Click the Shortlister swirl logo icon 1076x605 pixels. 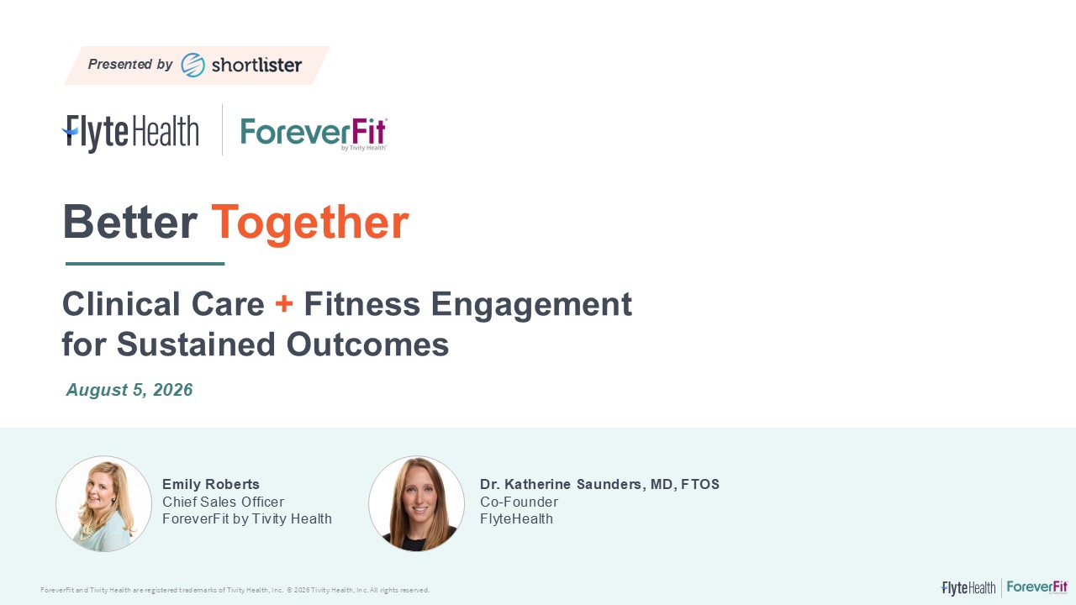(193, 65)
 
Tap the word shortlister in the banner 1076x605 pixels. (257, 65)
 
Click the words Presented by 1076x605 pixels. (130, 64)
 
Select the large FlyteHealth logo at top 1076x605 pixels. (130, 133)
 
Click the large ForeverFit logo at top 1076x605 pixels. (314, 134)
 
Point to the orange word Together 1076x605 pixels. (310, 223)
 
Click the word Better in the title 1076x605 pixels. (130, 223)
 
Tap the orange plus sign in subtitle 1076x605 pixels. (284, 303)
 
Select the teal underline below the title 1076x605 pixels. (145, 264)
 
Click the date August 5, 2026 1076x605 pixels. (129, 389)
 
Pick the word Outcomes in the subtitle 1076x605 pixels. (367, 345)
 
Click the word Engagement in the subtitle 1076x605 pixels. (531, 304)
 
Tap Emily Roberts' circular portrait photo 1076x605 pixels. (103, 503)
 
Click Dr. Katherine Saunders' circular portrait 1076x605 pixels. (416, 503)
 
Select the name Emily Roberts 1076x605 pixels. (211, 484)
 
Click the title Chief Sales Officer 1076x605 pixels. (224, 502)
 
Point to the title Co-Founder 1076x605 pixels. (520, 502)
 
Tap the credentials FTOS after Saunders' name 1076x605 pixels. (700, 484)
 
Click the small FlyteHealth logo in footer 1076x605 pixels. (968, 588)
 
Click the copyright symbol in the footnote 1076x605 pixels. (289, 590)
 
